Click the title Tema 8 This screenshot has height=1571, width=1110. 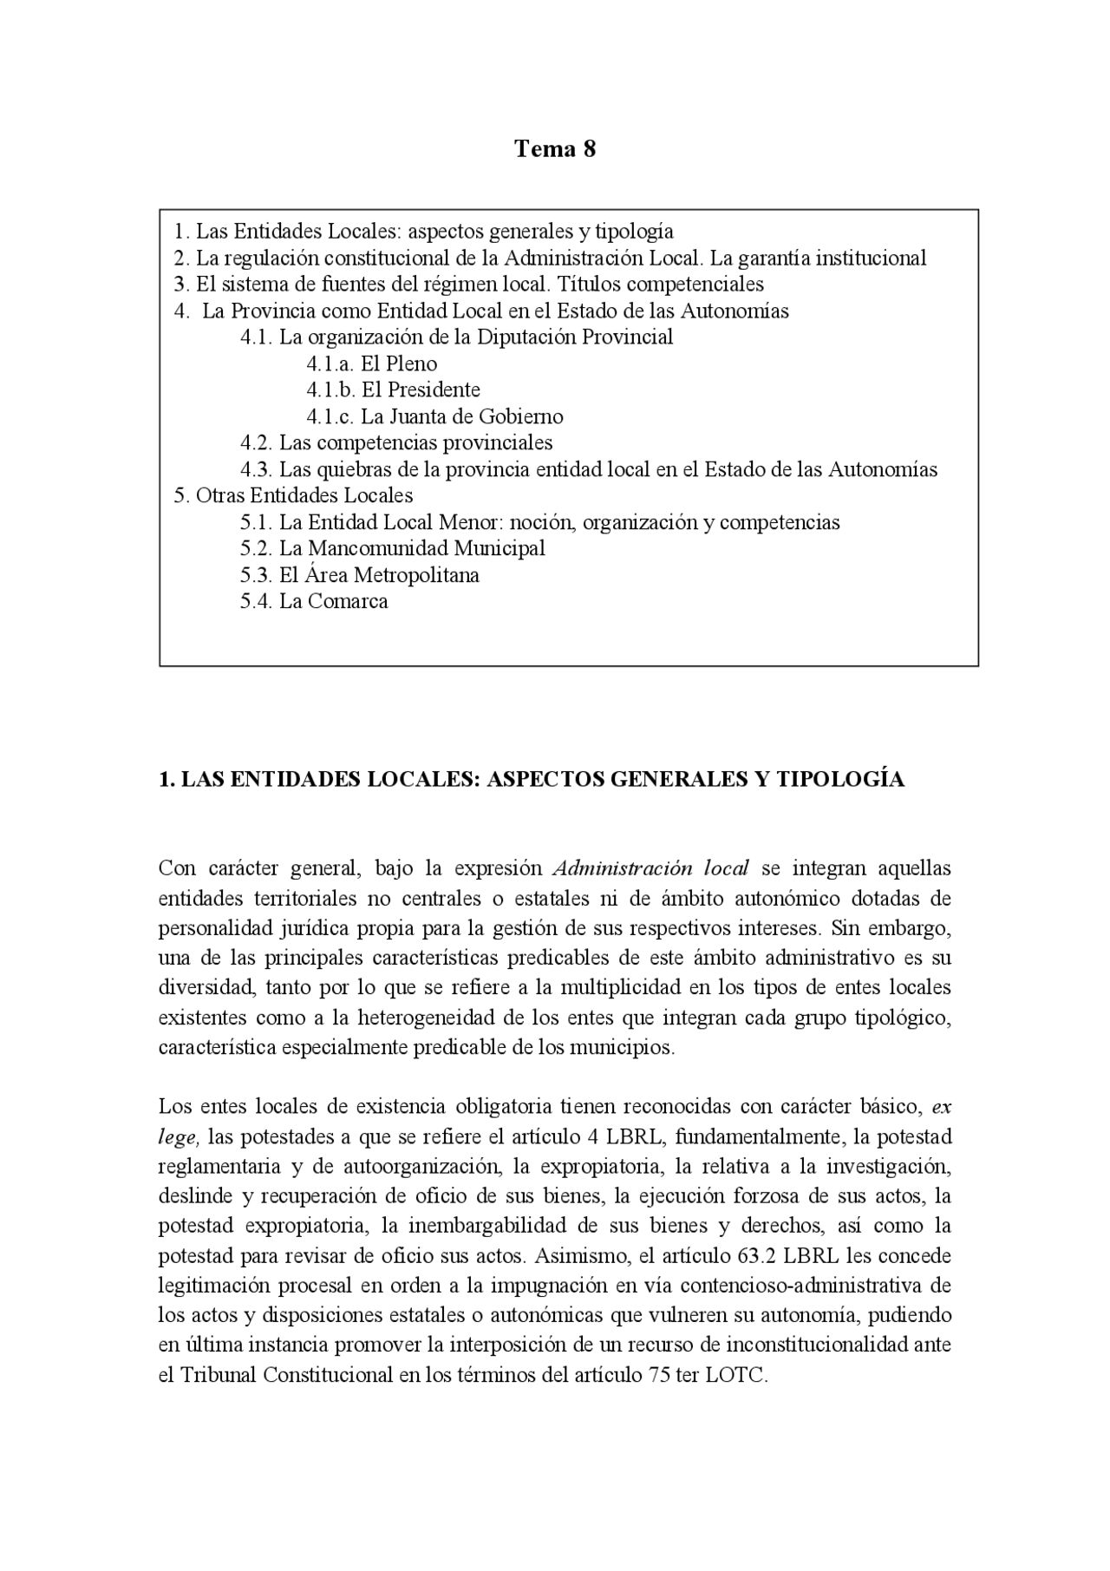click(x=555, y=148)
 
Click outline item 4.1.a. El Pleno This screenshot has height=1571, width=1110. click(x=372, y=363)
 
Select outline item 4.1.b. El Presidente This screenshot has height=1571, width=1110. click(x=393, y=389)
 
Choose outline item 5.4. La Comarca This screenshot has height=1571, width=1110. click(x=314, y=601)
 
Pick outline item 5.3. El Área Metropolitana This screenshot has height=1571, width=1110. click(x=360, y=575)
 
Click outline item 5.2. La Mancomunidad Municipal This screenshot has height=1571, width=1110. click(x=393, y=548)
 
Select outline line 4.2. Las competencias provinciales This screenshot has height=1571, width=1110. click(x=396, y=442)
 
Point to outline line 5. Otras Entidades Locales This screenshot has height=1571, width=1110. click(x=293, y=495)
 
